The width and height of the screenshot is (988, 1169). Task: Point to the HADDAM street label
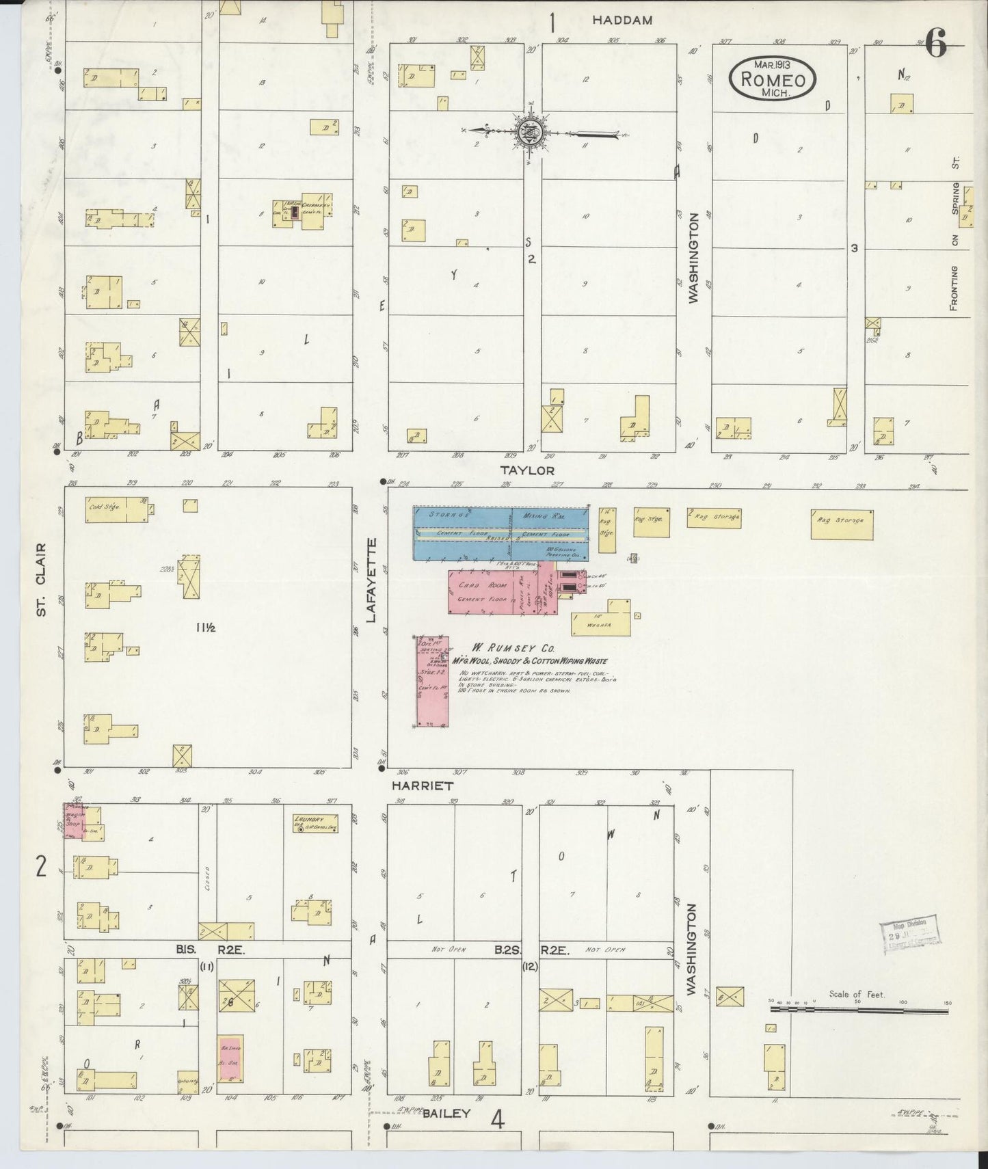pos(622,21)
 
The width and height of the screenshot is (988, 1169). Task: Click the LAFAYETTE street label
pos(372,580)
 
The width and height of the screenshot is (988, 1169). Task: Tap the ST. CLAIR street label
pos(42,580)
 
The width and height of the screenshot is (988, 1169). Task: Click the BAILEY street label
pos(446,1113)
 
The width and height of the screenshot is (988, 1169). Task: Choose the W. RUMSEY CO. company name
pos(511,647)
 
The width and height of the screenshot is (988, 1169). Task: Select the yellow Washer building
pos(602,619)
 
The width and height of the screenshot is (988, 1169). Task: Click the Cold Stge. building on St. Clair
pos(116,509)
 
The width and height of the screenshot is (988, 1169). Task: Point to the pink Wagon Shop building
pos(74,821)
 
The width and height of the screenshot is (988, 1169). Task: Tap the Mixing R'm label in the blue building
pos(541,514)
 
